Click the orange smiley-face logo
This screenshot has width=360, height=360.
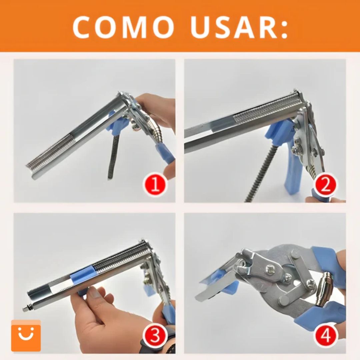[x=26, y=335]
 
